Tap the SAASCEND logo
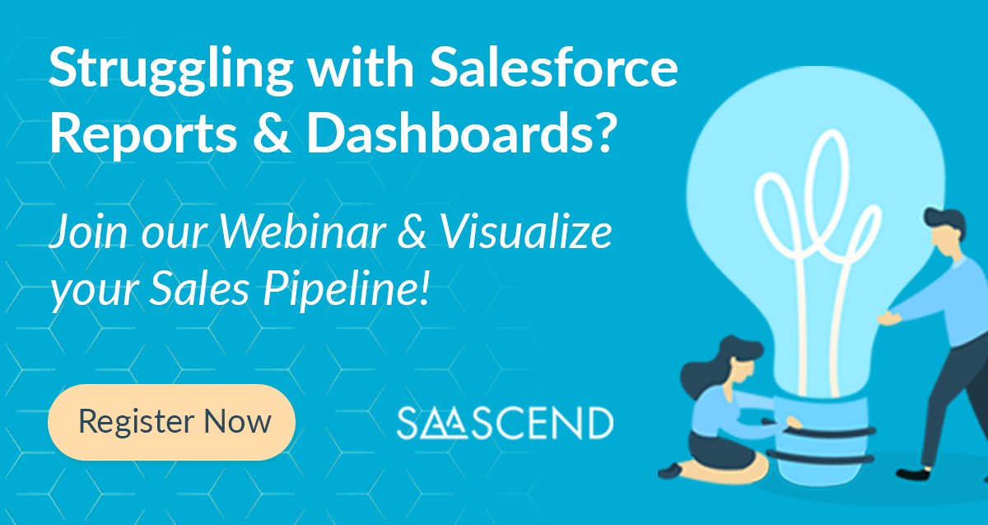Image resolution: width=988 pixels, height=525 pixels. [505, 422]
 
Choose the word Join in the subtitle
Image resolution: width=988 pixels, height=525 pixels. [82, 233]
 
